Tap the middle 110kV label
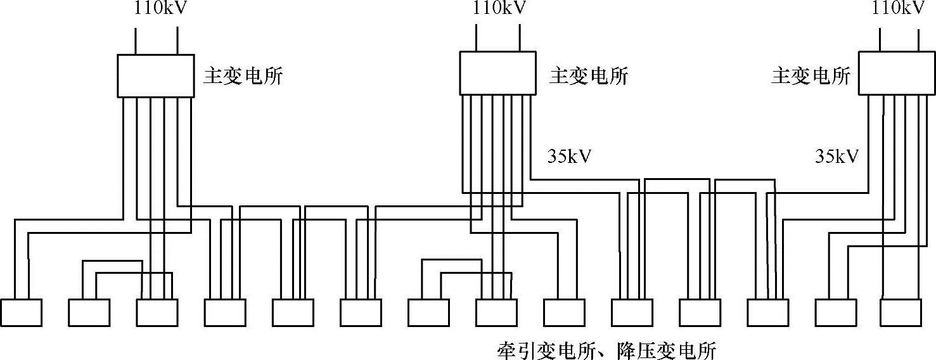point(499,9)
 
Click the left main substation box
point(156,75)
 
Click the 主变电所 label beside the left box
point(243,77)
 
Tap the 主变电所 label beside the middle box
point(588,77)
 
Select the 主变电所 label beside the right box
point(811,77)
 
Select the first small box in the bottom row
point(21,312)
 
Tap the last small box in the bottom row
point(902,312)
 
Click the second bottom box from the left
point(89,312)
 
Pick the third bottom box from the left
point(157,312)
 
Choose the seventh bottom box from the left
point(428,312)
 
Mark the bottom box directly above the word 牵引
point(496,312)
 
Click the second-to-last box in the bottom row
point(835,312)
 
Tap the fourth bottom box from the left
point(225,312)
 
